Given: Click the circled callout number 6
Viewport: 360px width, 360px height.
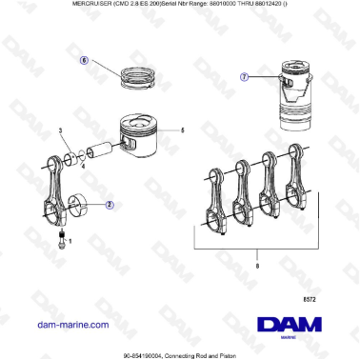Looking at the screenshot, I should click(x=83, y=60).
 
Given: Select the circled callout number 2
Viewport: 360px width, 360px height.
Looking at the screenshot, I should click(x=110, y=204).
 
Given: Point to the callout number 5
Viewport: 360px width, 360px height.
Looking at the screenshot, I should click(x=182, y=130).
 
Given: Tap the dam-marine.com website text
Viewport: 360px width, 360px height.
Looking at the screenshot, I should click(x=71, y=325).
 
